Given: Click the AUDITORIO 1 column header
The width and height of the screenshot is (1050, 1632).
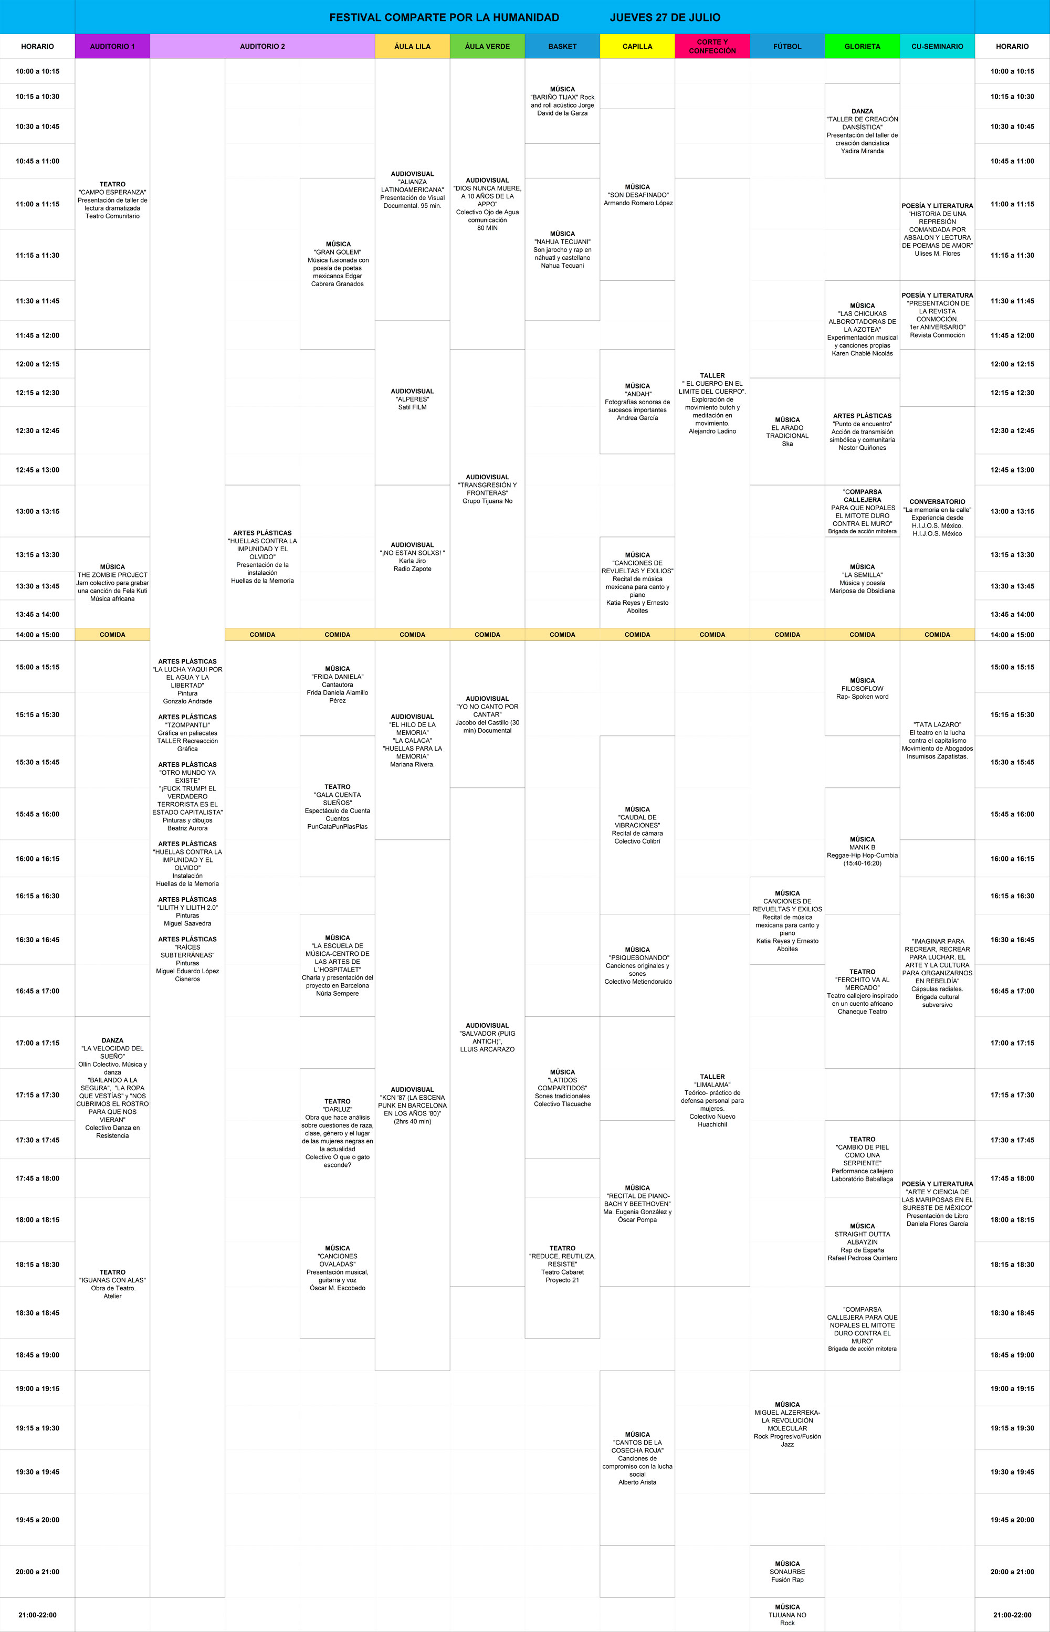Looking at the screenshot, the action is point(112,46).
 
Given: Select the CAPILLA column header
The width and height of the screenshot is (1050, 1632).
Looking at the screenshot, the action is point(637,46).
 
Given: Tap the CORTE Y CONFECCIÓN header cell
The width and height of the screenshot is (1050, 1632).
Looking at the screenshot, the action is point(712,46).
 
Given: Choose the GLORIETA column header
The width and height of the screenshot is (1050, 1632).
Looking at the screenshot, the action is point(863,46).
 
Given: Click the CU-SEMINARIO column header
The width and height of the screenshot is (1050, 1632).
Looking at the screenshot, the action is point(938,46).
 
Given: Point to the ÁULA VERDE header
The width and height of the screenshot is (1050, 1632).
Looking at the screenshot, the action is point(488,46).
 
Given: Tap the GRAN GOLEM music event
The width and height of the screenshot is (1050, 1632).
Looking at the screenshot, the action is point(338,264).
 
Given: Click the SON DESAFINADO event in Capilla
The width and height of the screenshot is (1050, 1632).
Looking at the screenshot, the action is point(637,195).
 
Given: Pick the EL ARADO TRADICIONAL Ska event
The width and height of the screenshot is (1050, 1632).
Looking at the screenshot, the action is point(787,431).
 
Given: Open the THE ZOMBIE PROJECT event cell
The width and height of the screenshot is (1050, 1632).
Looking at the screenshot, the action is point(112,582).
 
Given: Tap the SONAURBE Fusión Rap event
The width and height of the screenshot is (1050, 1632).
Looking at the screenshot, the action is point(787,1571).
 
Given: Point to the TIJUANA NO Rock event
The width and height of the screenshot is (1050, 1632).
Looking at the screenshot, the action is point(787,1614).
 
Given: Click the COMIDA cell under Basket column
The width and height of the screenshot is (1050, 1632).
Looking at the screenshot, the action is point(562,635).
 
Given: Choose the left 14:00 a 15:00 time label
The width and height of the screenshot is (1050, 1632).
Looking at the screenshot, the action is point(37,635).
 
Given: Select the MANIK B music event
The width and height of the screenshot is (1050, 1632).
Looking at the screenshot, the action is point(863,851).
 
